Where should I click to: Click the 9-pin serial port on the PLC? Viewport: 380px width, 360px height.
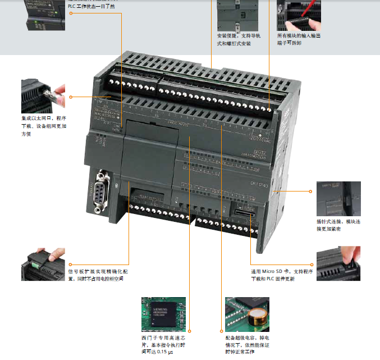pyautogui.click(x=100, y=192)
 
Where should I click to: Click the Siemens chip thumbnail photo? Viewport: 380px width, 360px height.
pyautogui.click(x=163, y=315)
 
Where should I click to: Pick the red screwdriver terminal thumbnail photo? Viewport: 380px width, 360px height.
pyautogui.click(x=298, y=14)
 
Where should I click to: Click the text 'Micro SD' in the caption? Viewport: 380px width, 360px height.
pyautogui.click(x=271, y=271)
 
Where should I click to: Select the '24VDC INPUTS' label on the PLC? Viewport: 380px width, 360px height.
pyautogui.click(x=179, y=124)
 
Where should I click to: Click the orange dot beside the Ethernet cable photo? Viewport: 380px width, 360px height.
pyautogui.click(x=71, y=97)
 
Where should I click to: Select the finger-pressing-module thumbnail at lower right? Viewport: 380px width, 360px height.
pyautogui.click(x=338, y=263)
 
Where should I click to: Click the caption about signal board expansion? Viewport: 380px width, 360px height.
pyautogui.click(x=98, y=275)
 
